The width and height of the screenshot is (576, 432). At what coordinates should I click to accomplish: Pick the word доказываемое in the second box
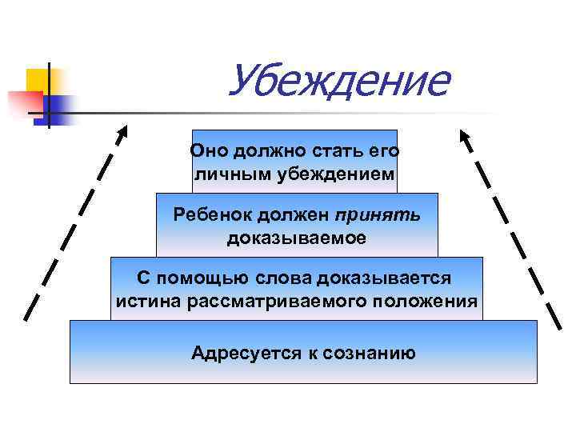point(297,238)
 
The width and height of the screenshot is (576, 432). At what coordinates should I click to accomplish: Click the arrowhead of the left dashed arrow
point(122,132)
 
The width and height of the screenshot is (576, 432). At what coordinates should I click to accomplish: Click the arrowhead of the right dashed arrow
point(464,136)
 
